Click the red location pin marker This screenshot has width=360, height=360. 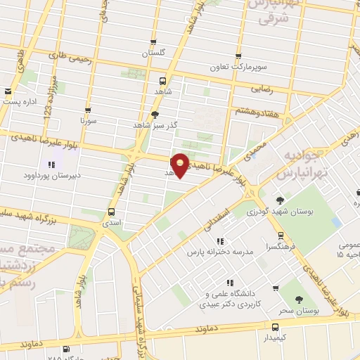[181, 164]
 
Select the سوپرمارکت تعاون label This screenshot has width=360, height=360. [239, 68]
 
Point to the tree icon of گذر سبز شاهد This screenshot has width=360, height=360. [155, 114]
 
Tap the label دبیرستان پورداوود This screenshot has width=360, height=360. [48, 174]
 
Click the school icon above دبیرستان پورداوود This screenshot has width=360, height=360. [51, 165]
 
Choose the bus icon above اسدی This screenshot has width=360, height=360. [111, 212]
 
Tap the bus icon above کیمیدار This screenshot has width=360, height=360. [275, 327]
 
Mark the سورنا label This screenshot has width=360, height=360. [88, 120]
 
